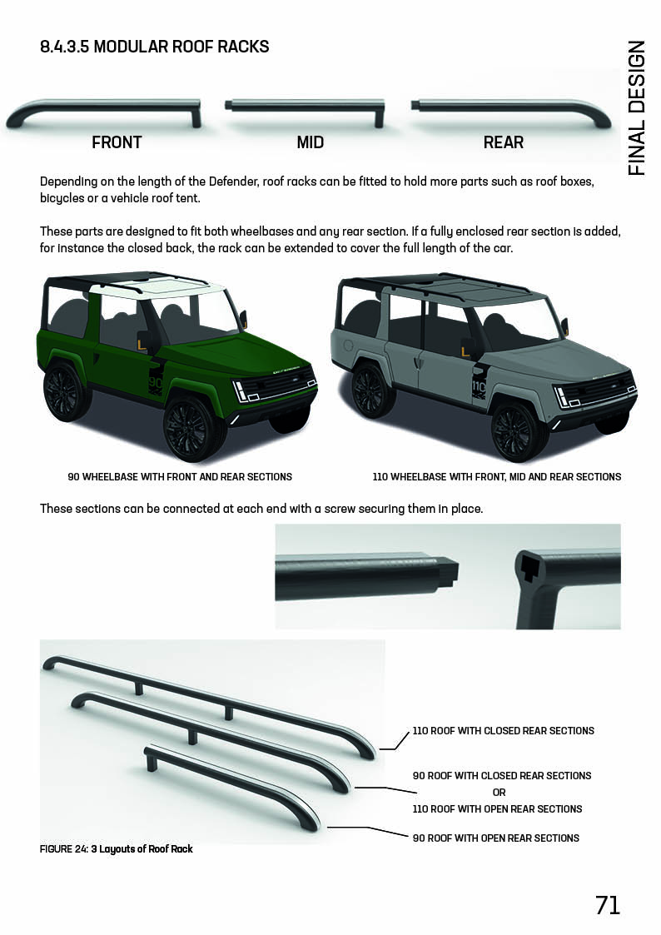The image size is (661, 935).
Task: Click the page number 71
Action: tap(608, 905)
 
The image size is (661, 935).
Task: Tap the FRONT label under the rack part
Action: tap(117, 142)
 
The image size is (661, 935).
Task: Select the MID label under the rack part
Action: tap(311, 142)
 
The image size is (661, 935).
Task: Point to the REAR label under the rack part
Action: tap(503, 142)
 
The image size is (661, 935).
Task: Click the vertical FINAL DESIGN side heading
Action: tap(637, 108)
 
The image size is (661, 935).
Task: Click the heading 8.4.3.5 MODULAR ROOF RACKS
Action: tap(155, 47)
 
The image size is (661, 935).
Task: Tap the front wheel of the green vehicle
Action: tap(194, 426)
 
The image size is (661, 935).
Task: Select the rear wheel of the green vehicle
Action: tap(65, 390)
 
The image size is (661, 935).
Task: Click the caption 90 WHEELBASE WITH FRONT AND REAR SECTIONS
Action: tap(180, 477)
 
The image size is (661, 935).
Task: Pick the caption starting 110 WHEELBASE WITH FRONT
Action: tap(497, 477)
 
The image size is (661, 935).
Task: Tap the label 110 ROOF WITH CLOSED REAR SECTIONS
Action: tap(504, 731)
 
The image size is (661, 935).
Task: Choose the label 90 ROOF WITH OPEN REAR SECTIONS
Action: tap(496, 838)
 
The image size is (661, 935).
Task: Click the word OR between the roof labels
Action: tap(499, 792)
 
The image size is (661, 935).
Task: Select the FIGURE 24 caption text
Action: tap(117, 849)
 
